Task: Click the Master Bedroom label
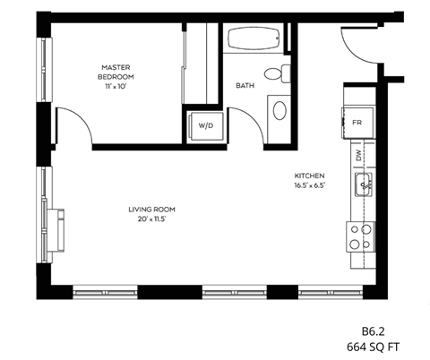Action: (x=117, y=72)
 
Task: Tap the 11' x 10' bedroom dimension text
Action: (x=117, y=88)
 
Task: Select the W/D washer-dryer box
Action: (x=205, y=125)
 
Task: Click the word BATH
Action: (x=244, y=86)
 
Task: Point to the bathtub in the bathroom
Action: (x=254, y=39)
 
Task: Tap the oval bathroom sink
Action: (x=279, y=112)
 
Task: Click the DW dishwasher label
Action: (x=358, y=155)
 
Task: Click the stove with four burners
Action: (x=361, y=236)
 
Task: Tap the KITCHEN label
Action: (x=309, y=176)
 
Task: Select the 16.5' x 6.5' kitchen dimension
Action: (x=309, y=185)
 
